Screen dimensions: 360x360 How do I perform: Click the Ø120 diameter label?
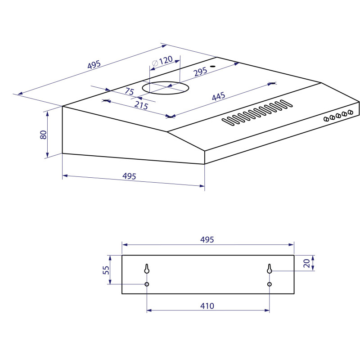(162, 61)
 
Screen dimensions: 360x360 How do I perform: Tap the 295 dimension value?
(200, 72)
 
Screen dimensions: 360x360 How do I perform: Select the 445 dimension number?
(218, 96)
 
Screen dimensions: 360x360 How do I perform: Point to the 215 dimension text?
(141, 105)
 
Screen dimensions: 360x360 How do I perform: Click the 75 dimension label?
(129, 91)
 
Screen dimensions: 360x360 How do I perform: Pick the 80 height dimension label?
(43, 135)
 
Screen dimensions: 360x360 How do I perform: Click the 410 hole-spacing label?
(207, 306)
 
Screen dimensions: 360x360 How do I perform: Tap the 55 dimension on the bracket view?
(106, 270)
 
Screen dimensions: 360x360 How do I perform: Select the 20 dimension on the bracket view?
(307, 263)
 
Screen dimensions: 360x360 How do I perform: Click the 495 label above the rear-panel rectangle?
(207, 239)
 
